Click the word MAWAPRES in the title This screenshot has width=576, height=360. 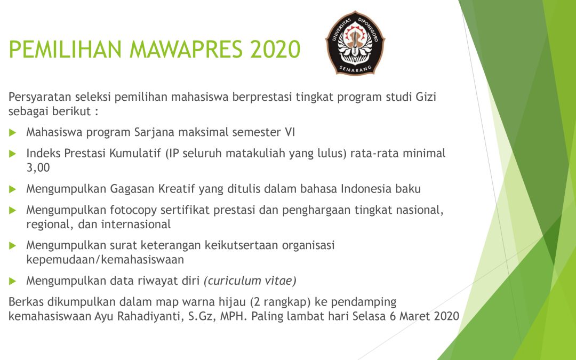pos(186,49)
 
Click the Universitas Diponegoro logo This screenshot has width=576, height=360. pos(355,43)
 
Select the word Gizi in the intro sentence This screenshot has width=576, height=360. pos(426,97)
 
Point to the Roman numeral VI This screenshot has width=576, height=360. pos(290,132)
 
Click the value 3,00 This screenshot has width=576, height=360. pos(38,168)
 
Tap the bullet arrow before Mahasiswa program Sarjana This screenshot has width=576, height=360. pos(13,133)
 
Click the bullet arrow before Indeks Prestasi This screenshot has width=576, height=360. pos(13,154)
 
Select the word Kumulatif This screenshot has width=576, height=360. pos(135,153)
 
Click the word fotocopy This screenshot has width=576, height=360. pos(133,211)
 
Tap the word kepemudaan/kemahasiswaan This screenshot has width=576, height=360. pos(105,260)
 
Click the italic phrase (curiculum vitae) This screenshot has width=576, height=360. pos(250,281)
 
